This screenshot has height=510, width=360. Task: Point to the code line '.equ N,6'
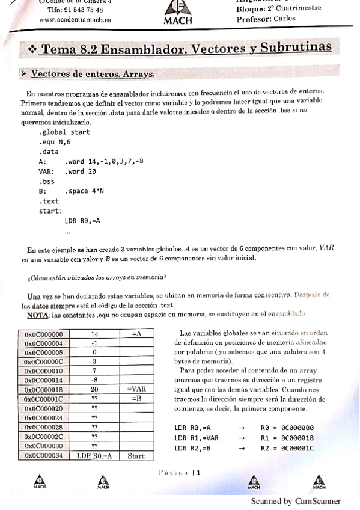pyautogui.click(x=55, y=141)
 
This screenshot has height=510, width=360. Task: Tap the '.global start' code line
pyautogui.click(x=64, y=131)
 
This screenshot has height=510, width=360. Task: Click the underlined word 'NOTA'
pyautogui.click(x=38, y=315)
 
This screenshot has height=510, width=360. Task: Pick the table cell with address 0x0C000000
pyautogui.click(x=46, y=334)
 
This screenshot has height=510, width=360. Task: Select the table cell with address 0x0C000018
pyautogui.click(x=46, y=389)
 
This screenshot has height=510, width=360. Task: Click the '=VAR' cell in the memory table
pyautogui.click(x=137, y=389)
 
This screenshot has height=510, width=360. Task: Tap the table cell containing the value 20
pyautogui.click(x=94, y=389)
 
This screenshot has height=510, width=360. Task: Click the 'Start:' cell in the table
pyautogui.click(x=137, y=456)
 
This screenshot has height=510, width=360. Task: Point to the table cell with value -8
pyautogui.click(x=94, y=380)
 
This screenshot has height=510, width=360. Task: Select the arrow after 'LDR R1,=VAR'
pyautogui.click(x=242, y=438)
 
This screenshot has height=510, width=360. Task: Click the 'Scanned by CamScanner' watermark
pyautogui.click(x=295, y=501)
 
